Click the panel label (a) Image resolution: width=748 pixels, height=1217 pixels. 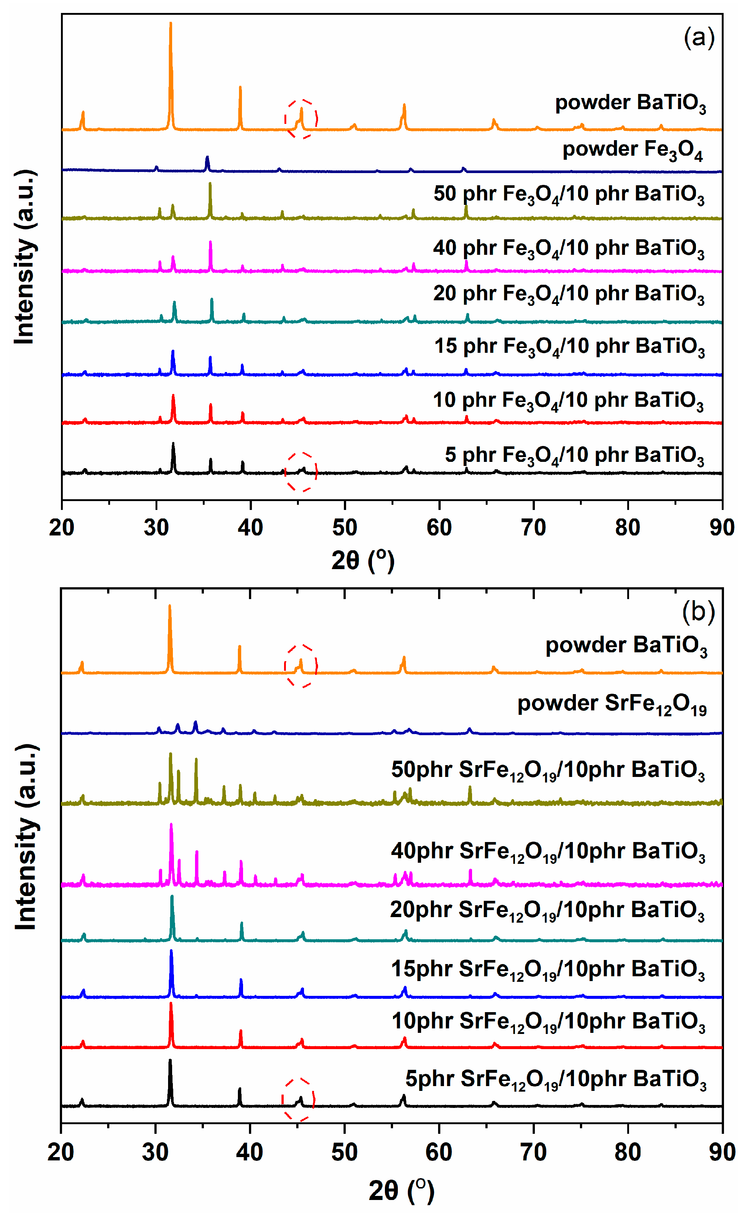pyautogui.click(x=699, y=38)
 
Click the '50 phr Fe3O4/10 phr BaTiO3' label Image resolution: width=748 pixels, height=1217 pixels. pyautogui.click(x=569, y=195)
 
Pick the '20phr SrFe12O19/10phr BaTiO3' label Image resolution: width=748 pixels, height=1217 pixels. pyautogui.click(x=547, y=910)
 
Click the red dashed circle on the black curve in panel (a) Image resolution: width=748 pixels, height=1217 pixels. pyautogui.click(x=301, y=471)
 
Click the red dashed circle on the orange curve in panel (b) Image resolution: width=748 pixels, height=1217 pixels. pyautogui.click(x=300, y=666)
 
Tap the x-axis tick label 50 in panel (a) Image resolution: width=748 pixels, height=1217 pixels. pyautogui.click(x=345, y=528)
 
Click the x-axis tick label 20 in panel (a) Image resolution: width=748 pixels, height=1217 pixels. pyautogui.click(x=62, y=528)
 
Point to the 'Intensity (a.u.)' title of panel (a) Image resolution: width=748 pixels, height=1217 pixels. pyautogui.click(x=25, y=257)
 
